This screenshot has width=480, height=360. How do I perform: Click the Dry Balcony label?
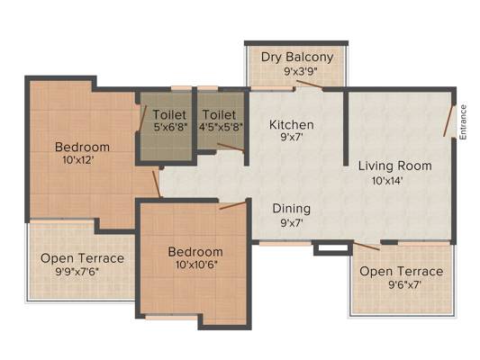point(297,58)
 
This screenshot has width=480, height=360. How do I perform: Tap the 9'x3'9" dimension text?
point(300,72)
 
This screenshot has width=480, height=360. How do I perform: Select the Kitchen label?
point(292,125)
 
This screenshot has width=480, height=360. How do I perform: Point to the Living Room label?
point(395,166)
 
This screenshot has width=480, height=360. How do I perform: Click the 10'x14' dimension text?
point(387,181)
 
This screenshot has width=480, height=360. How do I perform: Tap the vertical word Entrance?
point(463,122)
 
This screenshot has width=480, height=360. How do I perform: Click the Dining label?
point(292,209)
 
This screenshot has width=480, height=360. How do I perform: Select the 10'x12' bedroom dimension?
point(77,159)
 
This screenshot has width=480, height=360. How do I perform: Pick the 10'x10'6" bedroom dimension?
point(196,265)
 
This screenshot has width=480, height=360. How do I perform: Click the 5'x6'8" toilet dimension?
point(170,127)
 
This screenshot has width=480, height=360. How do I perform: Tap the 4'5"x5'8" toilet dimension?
point(221,127)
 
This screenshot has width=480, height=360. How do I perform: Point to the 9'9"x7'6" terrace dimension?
point(77,271)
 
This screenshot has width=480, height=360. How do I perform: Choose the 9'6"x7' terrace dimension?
point(404,284)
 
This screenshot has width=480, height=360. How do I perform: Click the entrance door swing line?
point(448,121)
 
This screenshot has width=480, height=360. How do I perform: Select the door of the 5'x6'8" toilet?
point(142,118)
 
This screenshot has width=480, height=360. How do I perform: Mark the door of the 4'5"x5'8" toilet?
point(231,147)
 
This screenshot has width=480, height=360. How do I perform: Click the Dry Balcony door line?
point(309,84)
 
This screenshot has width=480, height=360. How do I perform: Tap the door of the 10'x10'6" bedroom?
point(232,205)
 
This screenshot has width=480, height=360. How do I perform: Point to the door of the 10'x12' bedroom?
point(156,184)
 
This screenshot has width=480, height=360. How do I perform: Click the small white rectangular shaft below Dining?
point(332,248)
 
